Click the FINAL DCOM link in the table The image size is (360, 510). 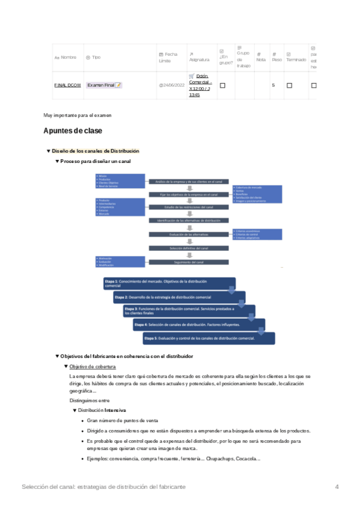[x=67, y=85]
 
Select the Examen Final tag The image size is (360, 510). [x=104, y=85]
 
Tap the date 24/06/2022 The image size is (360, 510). [x=170, y=85]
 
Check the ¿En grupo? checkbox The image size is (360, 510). [x=222, y=85]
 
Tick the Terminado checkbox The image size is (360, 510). [x=289, y=85]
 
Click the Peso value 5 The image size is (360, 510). [x=273, y=85]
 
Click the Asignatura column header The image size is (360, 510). [x=199, y=60]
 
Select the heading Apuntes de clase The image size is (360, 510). [x=73, y=131]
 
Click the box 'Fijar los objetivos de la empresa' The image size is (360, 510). [x=189, y=195]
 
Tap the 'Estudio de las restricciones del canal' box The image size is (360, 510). [x=189, y=207]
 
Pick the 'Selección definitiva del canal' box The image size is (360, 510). [x=189, y=248]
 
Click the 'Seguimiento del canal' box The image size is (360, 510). [x=189, y=262]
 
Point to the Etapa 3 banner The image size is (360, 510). [x=186, y=311]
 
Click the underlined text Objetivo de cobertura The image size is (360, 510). [x=93, y=366]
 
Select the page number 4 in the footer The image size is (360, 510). [x=337, y=486]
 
